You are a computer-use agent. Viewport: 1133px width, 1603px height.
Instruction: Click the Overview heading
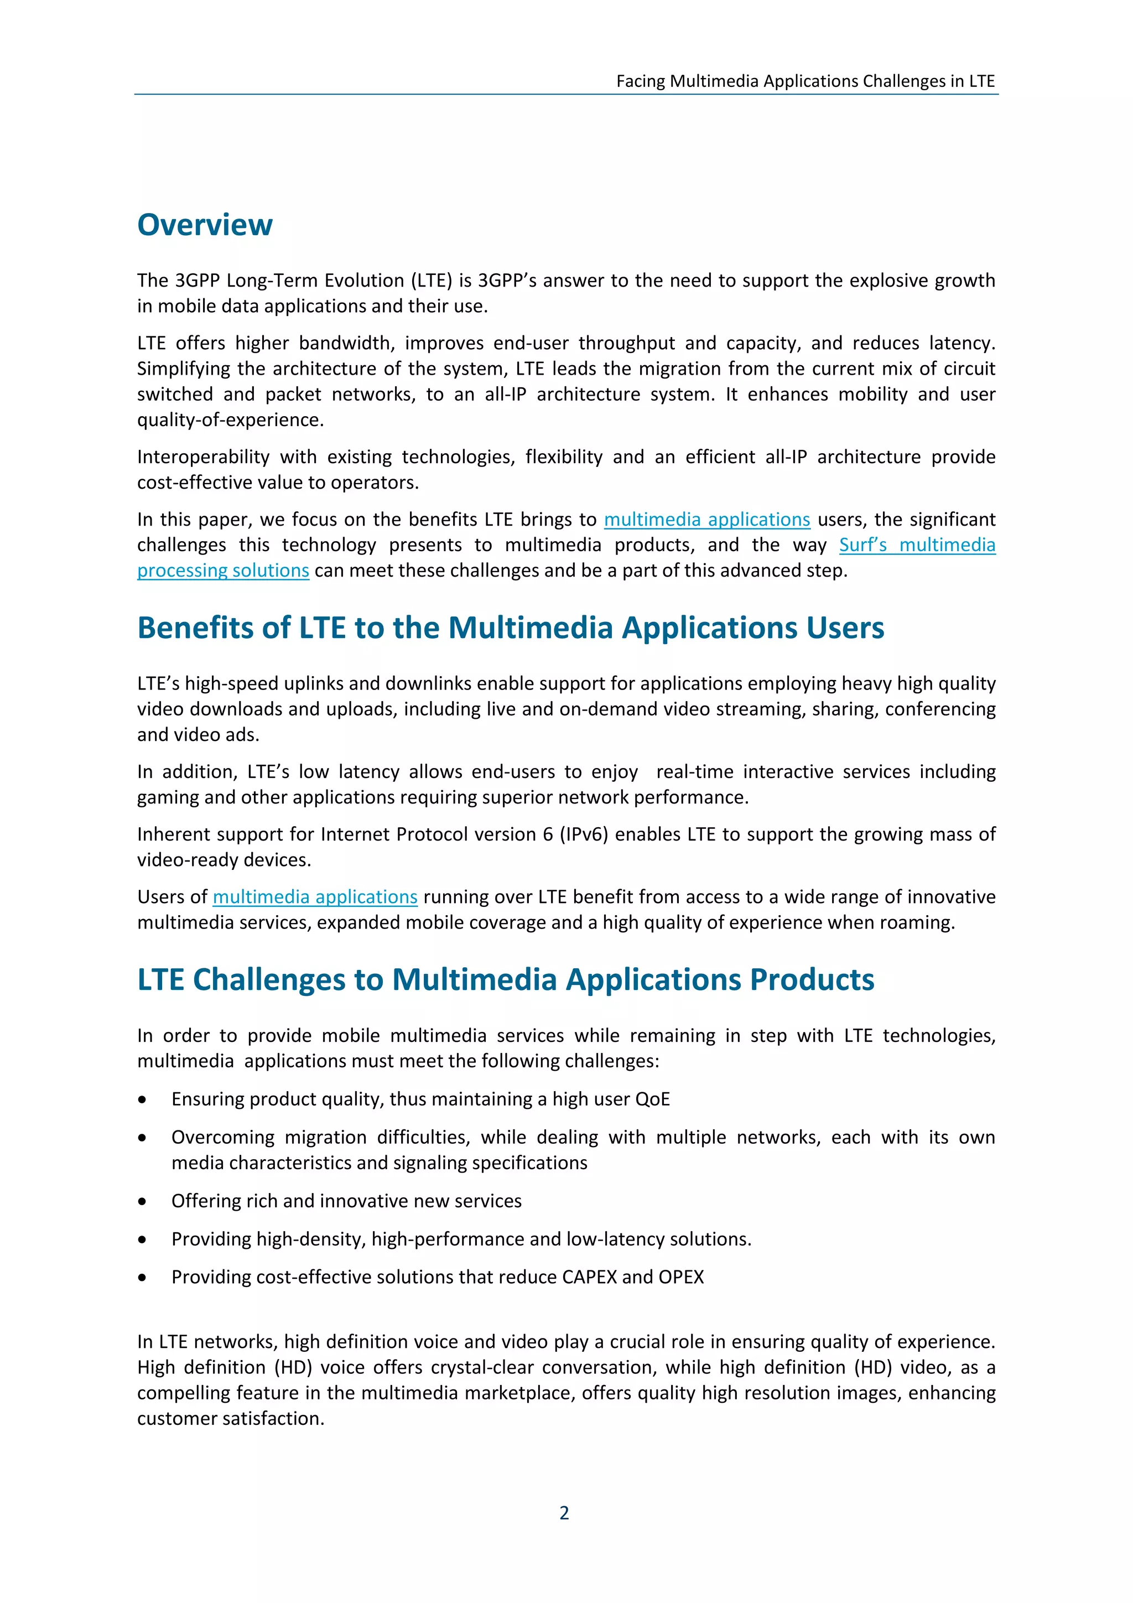tap(205, 225)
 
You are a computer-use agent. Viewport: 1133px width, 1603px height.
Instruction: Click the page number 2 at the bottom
tap(564, 1512)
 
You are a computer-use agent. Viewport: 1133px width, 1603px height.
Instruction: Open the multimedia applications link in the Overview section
tap(706, 520)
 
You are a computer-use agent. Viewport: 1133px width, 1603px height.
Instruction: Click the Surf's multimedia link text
tap(917, 544)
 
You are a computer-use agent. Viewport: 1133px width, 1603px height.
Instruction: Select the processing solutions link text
tap(223, 570)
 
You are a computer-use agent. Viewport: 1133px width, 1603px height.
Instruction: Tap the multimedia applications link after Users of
tap(315, 896)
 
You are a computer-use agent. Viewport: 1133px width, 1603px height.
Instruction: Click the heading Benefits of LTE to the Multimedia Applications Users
tap(510, 627)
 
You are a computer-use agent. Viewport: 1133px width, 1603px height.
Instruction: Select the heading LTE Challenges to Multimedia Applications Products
tap(506, 979)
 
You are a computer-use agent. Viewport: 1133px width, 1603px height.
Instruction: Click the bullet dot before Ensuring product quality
tap(142, 1099)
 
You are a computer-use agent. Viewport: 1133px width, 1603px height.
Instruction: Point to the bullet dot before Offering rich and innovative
tap(142, 1201)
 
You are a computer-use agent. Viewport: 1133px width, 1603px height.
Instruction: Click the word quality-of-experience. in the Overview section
tap(230, 419)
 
